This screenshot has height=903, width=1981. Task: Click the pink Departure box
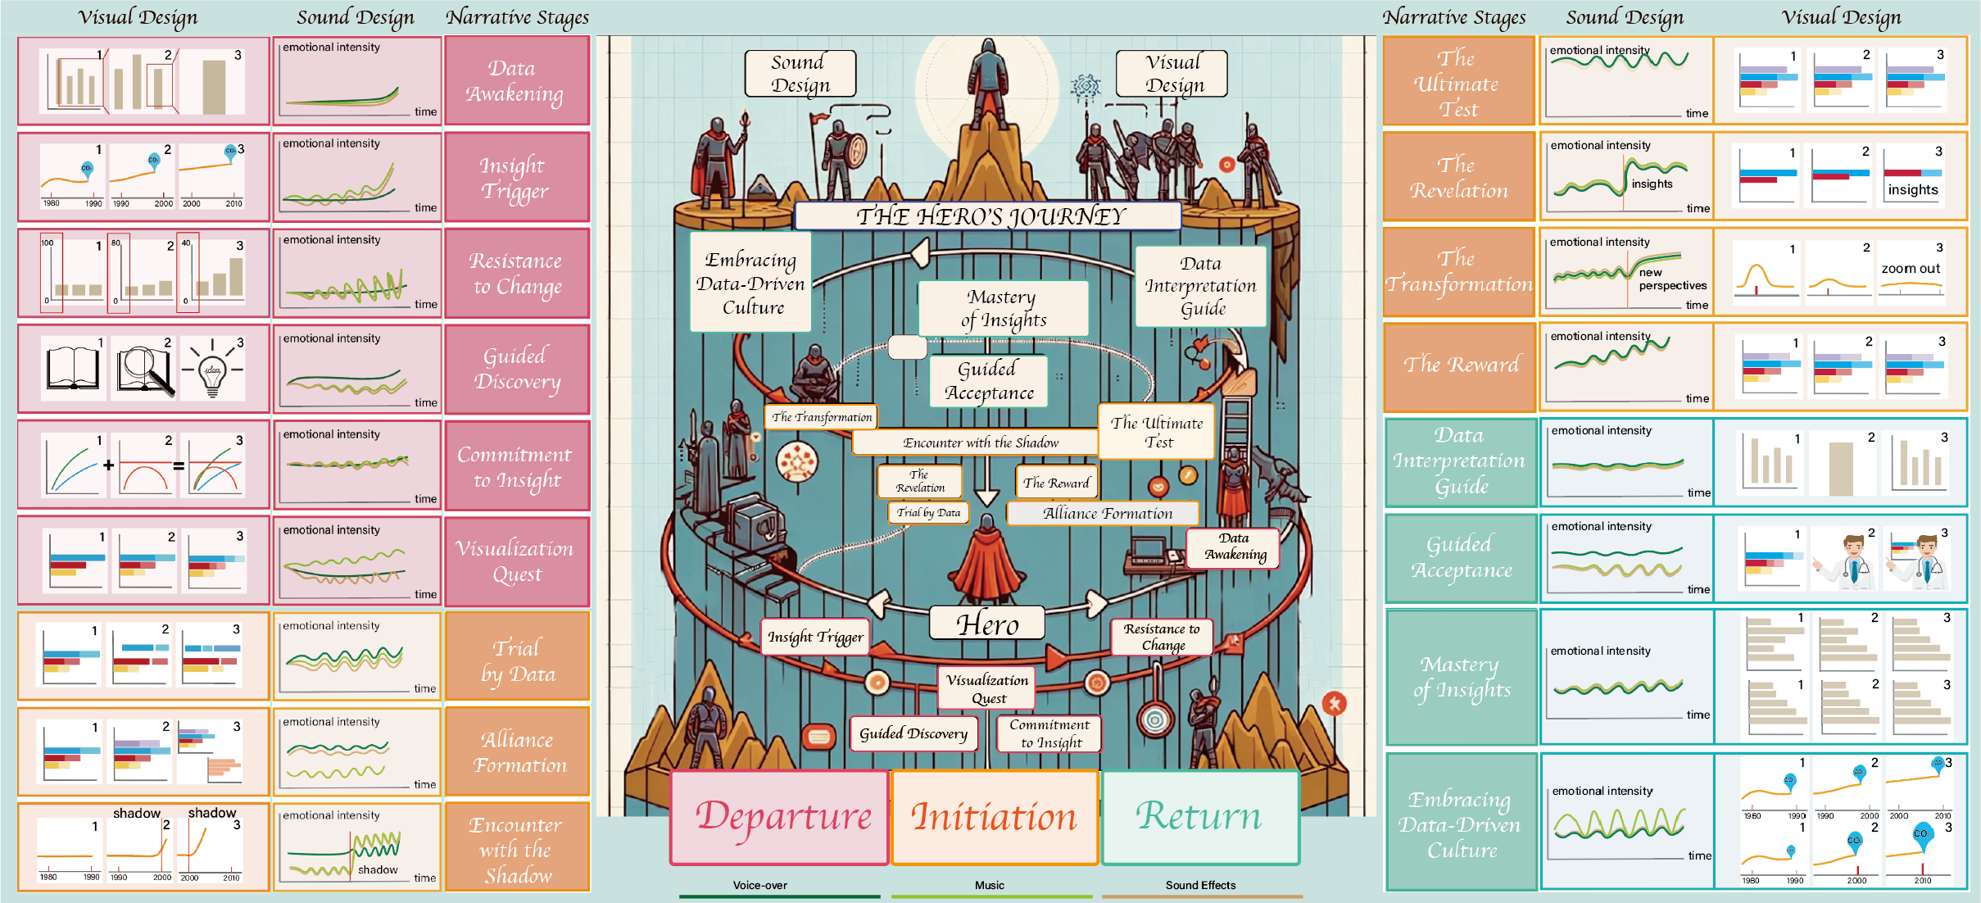(779, 818)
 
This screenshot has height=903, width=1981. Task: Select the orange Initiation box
(994, 818)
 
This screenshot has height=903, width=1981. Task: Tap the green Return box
(1199, 818)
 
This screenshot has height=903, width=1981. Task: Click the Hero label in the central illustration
(987, 624)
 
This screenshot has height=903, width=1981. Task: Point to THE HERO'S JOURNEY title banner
(988, 216)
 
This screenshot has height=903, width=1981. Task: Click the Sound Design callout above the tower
(800, 74)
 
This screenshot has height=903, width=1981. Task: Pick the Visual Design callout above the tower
(1172, 74)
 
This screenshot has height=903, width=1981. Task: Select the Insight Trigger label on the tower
(815, 637)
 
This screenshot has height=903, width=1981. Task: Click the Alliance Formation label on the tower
(1107, 514)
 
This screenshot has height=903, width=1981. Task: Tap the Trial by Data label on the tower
(928, 513)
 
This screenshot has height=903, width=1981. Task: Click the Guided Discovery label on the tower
(913, 733)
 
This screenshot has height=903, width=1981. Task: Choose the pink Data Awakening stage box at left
(516, 81)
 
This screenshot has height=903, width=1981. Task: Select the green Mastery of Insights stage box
(1462, 677)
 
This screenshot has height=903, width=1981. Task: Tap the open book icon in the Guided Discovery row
(74, 369)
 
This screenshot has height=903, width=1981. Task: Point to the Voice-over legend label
(759, 885)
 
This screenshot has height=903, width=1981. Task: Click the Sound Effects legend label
(1200, 885)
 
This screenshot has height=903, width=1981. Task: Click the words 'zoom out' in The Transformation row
(1911, 269)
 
